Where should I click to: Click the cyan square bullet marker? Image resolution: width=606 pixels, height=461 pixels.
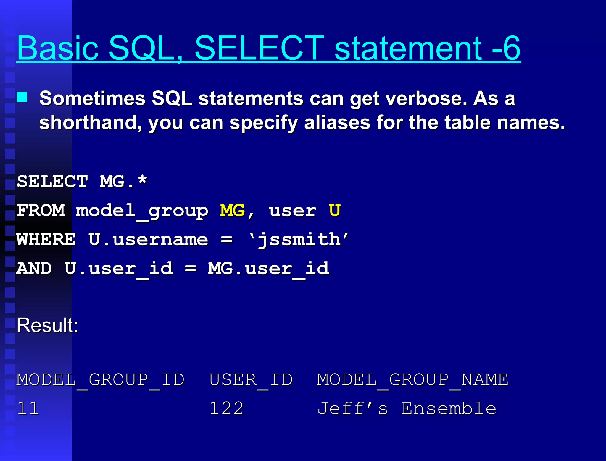22,97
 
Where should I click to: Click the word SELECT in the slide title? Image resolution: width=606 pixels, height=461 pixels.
259,48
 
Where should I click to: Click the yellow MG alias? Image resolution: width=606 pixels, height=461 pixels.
232,211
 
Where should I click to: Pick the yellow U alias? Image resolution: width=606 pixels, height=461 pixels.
335,211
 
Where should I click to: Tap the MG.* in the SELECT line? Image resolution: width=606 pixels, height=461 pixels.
123,181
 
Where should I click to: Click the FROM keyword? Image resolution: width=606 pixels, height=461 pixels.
41,211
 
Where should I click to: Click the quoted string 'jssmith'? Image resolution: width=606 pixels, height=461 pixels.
299,239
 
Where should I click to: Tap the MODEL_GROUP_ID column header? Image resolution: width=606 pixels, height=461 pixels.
100,380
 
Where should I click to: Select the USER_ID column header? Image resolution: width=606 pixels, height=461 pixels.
251,380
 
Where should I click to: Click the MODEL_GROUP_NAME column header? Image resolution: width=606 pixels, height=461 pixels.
412,380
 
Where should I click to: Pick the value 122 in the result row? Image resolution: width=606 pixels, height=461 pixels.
226,409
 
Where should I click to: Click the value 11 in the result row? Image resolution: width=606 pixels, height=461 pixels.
28,409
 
